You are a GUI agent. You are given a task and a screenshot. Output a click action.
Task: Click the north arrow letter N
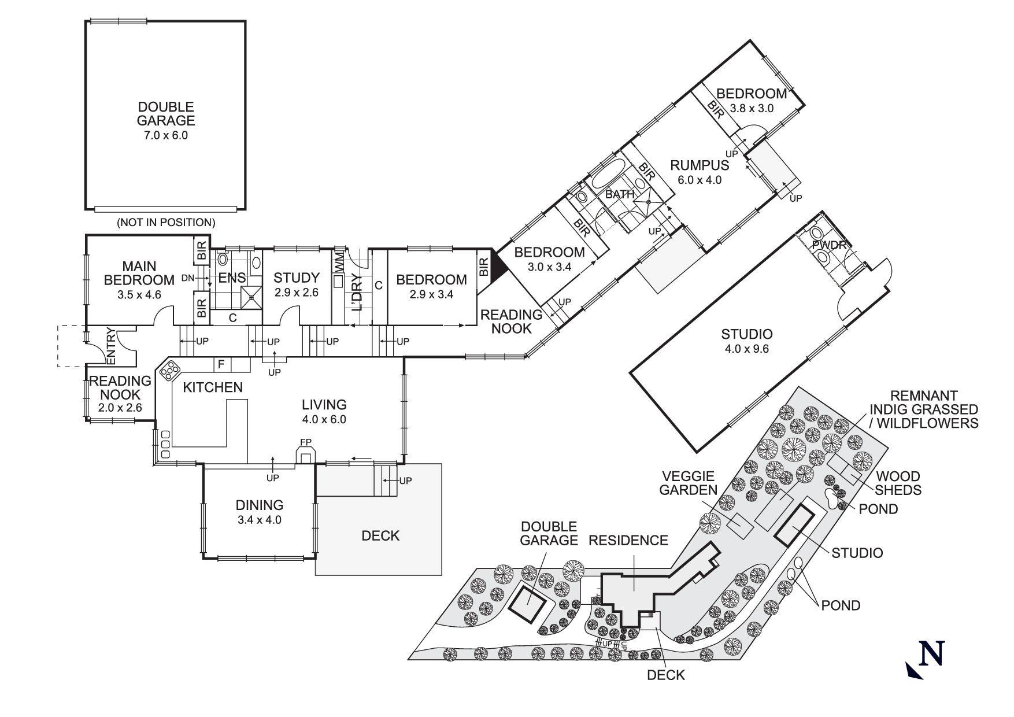click(931, 653)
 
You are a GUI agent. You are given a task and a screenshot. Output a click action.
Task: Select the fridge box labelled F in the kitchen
click(221, 364)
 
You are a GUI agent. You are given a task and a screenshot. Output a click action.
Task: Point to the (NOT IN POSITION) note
click(166, 222)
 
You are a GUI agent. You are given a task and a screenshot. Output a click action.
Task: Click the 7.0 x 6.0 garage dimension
click(166, 136)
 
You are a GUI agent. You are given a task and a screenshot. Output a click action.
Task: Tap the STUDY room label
click(296, 278)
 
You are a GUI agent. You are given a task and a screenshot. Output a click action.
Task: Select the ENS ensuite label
click(232, 278)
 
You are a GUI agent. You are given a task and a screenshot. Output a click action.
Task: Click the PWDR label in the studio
click(828, 245)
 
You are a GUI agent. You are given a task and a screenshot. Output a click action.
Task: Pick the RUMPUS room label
click(699, 165)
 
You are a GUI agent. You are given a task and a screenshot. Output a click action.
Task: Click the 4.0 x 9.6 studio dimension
click(746, 349)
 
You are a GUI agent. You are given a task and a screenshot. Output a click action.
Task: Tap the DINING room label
click(259, 505)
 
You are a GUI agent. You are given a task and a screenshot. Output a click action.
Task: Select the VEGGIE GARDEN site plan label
click(688, 483)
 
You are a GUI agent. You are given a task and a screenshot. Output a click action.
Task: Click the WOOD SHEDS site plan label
click(898, 483)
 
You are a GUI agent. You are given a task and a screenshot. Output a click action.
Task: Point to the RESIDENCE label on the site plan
click(628, 540)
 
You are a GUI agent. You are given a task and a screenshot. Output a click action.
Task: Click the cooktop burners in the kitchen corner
click(171, 370)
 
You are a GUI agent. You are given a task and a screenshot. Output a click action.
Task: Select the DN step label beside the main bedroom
click(187, 278)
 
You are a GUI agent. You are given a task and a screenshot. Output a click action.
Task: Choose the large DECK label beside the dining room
click(380, 535)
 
